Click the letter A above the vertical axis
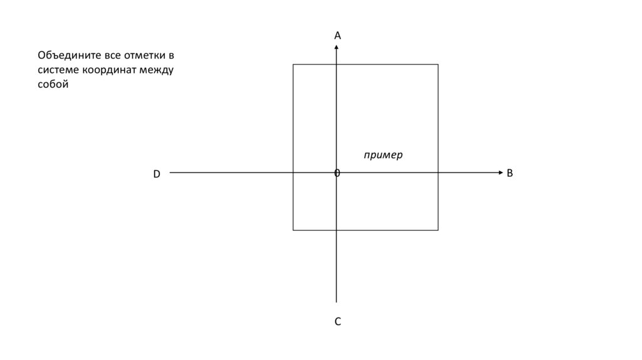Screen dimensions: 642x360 (337, 36)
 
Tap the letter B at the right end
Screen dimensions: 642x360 (510, 172)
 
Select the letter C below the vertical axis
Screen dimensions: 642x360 (337, 322)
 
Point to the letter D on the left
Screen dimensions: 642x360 (157, 174)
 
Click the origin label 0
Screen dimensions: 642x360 (337, 172)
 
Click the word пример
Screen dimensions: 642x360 (384, 155)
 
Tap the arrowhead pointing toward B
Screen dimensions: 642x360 (500, 172)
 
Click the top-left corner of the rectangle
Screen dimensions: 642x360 (293, 65)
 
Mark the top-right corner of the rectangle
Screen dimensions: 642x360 (438, 65)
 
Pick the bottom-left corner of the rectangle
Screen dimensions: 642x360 (293, 230)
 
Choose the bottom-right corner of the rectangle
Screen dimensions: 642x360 (438, 230)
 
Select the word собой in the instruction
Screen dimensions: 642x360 (52, 84)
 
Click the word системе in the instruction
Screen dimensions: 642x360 (57, 70)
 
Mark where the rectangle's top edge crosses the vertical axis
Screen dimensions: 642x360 (337, 65)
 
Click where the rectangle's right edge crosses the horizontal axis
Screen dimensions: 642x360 (438, 172)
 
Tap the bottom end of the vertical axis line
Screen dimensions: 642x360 (337, 302)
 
